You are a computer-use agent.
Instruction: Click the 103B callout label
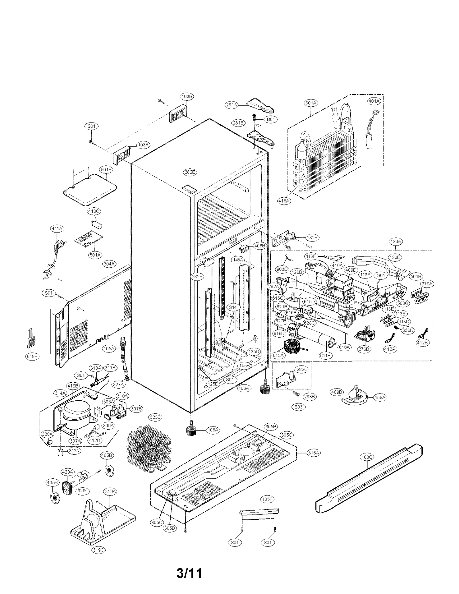tap(187, 96)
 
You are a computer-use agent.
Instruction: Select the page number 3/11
tap(189, 573)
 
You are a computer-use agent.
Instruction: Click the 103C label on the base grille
tap(367, 457)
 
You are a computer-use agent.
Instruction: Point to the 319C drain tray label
tap(98, 550)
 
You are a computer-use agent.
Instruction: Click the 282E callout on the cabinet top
tap(190, 172)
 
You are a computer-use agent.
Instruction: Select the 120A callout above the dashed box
tap(396, 242)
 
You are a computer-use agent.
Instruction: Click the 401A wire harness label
tap(374, 101)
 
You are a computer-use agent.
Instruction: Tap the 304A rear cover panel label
tap(109, 264)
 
